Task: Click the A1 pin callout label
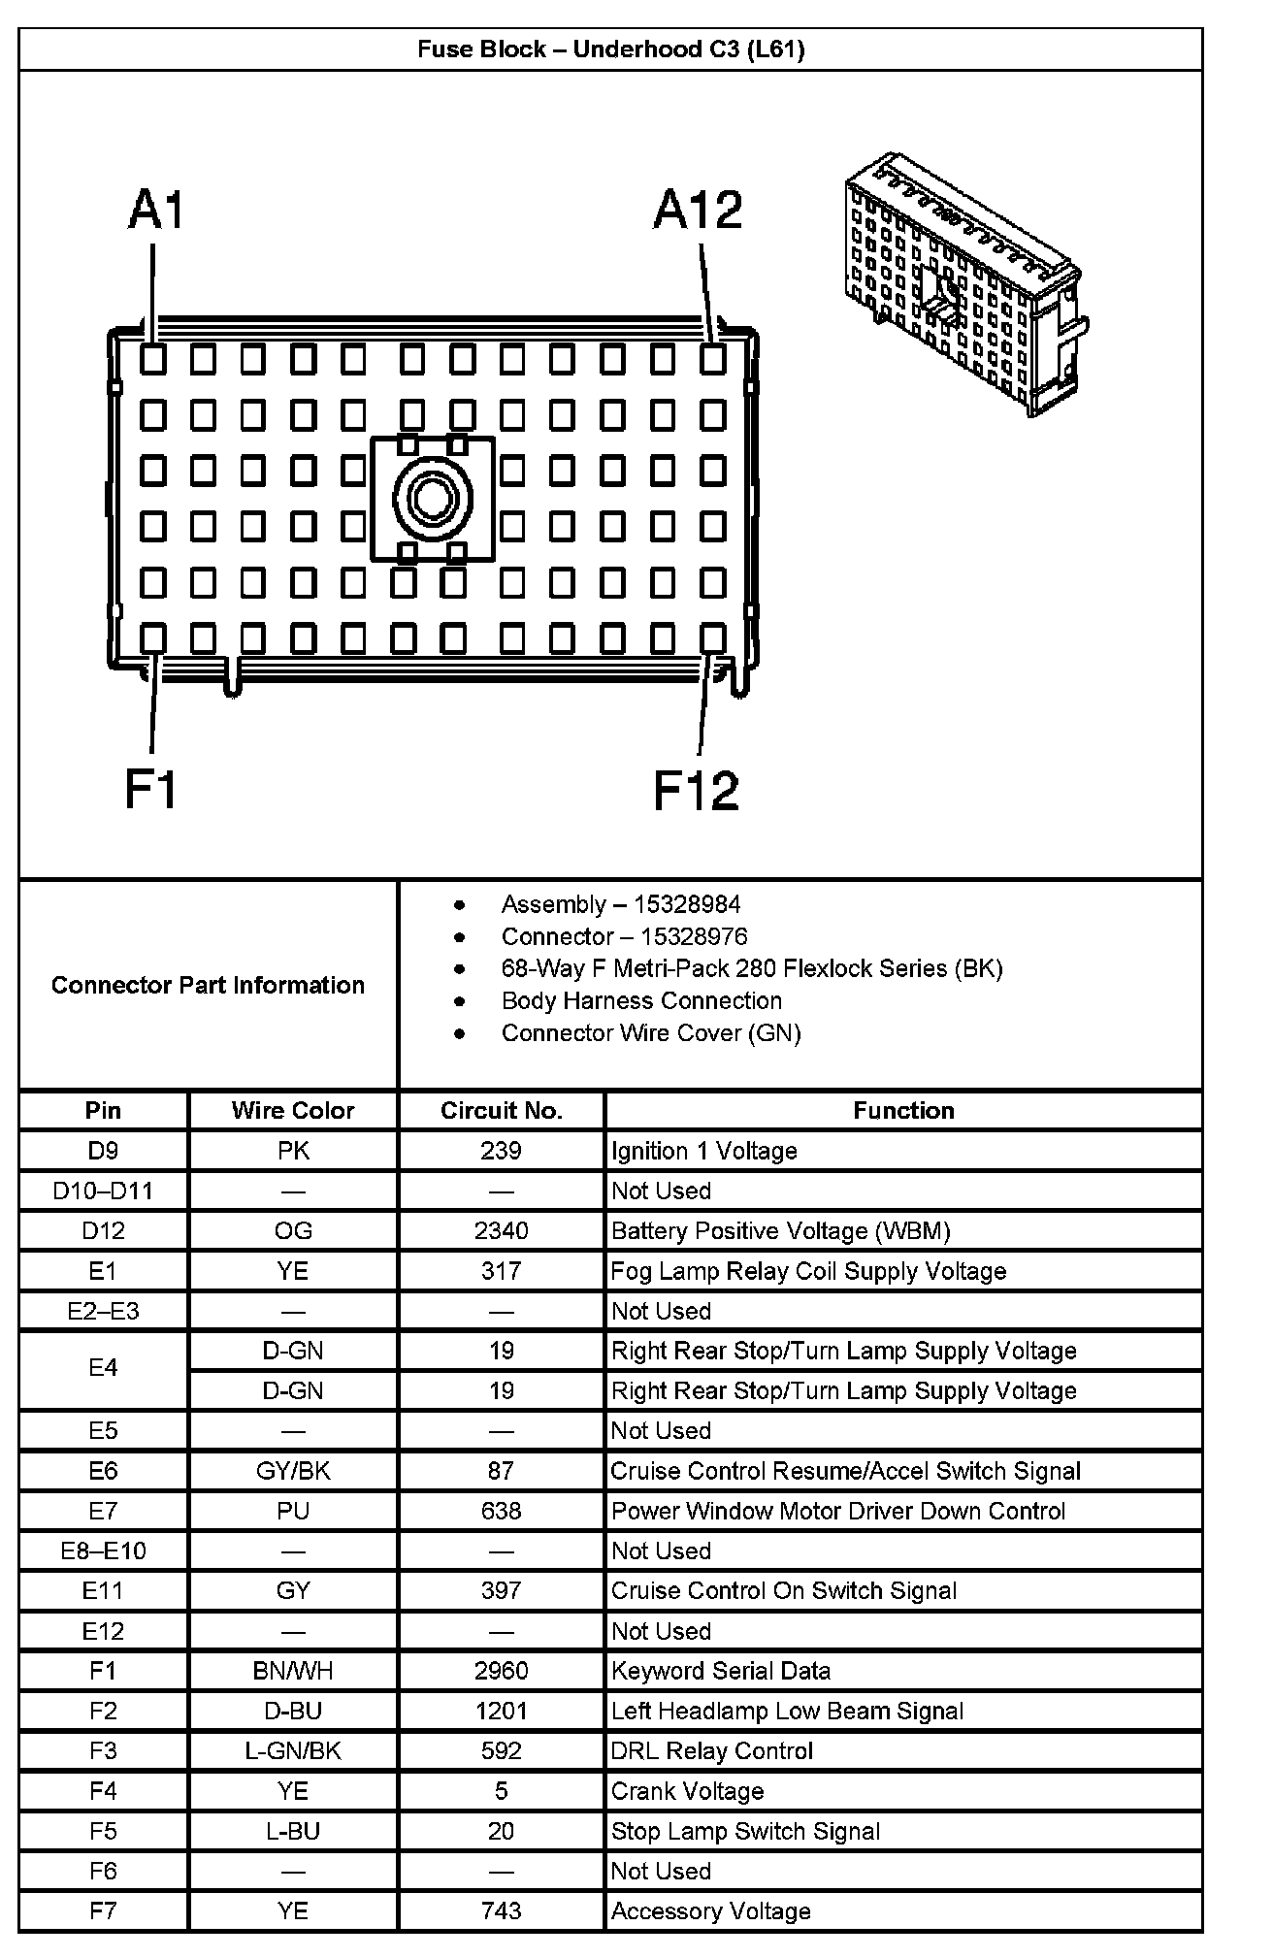tap(156, 211)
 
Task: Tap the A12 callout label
tap(698, 211)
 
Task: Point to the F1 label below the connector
tap(151, 789)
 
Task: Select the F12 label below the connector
tap(696, 789)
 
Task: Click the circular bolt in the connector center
tap(432, 499)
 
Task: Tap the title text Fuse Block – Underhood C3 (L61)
tap(610, 49)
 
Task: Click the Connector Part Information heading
tap(208, 985)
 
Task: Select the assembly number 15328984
tap(686, 904)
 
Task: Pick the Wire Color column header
tap(293, 1110)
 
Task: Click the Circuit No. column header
tap(501, 1110)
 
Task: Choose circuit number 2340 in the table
tap(501, 1230)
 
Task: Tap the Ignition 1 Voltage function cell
tap(704, 1151)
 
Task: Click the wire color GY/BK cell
tap(293, 1471)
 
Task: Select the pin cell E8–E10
tap(103, 1550)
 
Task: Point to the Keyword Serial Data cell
tap(721, 1671)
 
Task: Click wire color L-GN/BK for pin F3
tap(293, 1750)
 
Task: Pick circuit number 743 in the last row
tap(501, 1910)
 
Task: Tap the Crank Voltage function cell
tap(687, 1791)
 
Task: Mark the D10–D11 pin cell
tap(103, 1191)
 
